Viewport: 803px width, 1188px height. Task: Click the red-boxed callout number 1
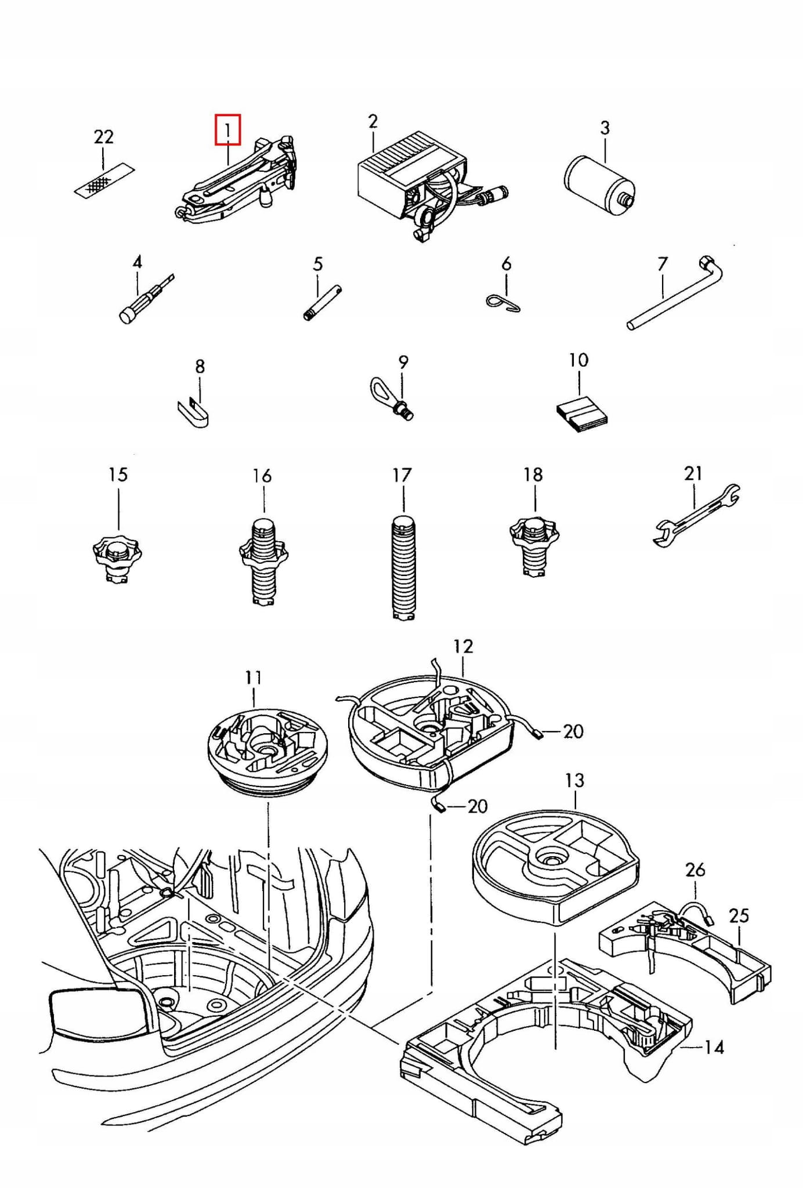pyautogui.click(x=228, y=131)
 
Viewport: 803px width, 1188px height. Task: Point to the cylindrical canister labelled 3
pyautogui.click(x=600, y=181)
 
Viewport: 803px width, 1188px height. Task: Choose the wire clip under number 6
pyautogui.click(x=502, y=301)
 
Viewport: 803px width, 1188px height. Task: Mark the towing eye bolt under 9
pyautogui.click(x=392, y=399)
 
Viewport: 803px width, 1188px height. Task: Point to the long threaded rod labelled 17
pyautogui.click(x=403, y=567)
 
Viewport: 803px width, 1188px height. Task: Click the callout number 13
pyautogui.click(x=574, y=780)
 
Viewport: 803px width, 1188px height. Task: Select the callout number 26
pyautogui.click(x=695, y=870)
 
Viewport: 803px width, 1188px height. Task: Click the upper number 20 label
pyautogui.click(x=573, y=731)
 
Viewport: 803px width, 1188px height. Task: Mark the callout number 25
pyautogui.click(x=739, y=915)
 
